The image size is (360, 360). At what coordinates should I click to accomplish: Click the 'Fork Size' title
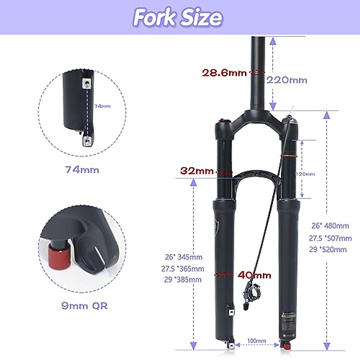tap(178, 17)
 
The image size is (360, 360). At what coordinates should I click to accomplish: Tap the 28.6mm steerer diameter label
tap(224, 73)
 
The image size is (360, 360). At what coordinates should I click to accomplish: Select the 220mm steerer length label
tap(287, 80)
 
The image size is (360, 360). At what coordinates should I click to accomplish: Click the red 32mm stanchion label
tap(197, 171)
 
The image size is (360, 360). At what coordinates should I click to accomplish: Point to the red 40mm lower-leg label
tap(254, 275)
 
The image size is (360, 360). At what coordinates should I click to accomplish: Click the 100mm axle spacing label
tap(256, 341)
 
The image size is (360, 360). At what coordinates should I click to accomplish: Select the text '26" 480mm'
tap(330, 226)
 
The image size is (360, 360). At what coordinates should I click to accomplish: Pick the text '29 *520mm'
tap(328, 250)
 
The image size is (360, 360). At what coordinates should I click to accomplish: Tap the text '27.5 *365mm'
tap(183, 269)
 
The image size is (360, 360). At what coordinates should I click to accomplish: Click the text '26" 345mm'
tap(183, 257)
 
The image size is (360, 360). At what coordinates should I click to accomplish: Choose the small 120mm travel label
tap(305, 174)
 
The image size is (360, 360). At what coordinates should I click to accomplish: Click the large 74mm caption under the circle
tap(82, 170)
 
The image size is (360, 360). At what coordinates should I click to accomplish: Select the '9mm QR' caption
tap(84, 306)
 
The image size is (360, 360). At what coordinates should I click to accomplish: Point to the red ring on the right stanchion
tap(289, 156)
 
